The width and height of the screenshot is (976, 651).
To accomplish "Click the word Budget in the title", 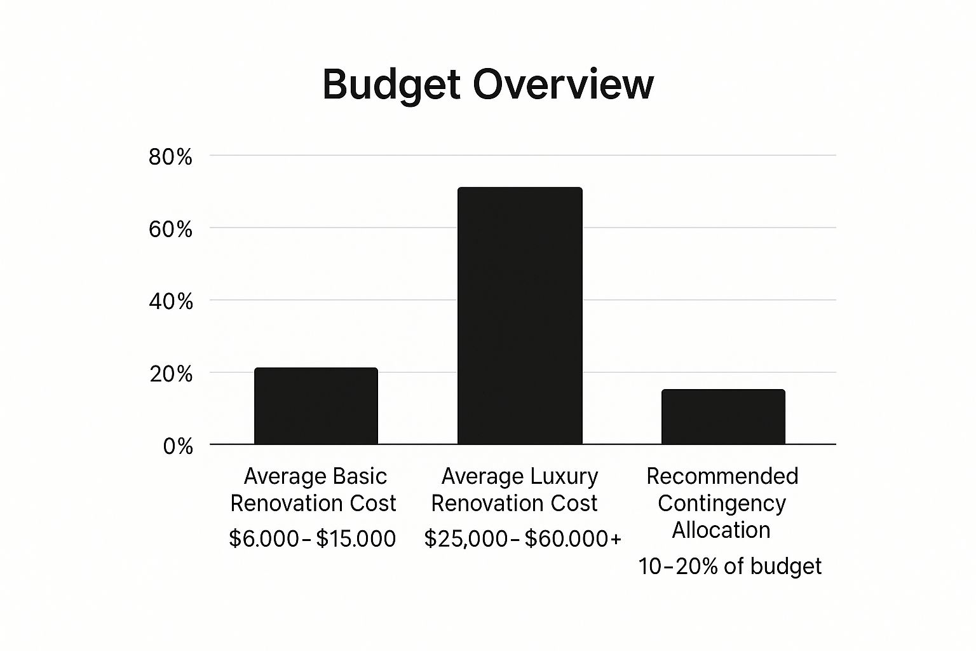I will click(x=390, y=85).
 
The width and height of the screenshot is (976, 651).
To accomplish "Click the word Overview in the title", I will click(x=563, y=85).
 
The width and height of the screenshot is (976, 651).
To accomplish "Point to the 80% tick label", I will click(x=170, y=157).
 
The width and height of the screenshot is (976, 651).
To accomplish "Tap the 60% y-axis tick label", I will click(x=170, y=230).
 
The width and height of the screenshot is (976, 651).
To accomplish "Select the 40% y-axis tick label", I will click(x=170, y=301).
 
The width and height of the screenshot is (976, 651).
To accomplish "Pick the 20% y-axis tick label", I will click(x=170, y=374).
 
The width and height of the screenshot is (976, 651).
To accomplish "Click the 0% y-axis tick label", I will click(x=177, y=446).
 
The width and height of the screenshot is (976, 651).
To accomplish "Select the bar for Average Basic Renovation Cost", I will click(x=316, y=406).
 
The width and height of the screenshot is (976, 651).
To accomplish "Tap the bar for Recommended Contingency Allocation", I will click(x=723, y=417).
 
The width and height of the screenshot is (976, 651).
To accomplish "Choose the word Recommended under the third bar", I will click(x=722, y=476).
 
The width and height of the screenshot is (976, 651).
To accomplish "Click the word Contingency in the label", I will click(x=722, y=503).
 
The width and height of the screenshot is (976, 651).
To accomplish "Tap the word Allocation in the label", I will click(x=721, y=530).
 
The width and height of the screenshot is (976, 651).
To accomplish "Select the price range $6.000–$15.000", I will click(x=312, y=538).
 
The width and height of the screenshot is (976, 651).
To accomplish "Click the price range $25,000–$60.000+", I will click(x=522, y=538).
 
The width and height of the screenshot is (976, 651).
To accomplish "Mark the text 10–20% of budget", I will click(x=729, y=566).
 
